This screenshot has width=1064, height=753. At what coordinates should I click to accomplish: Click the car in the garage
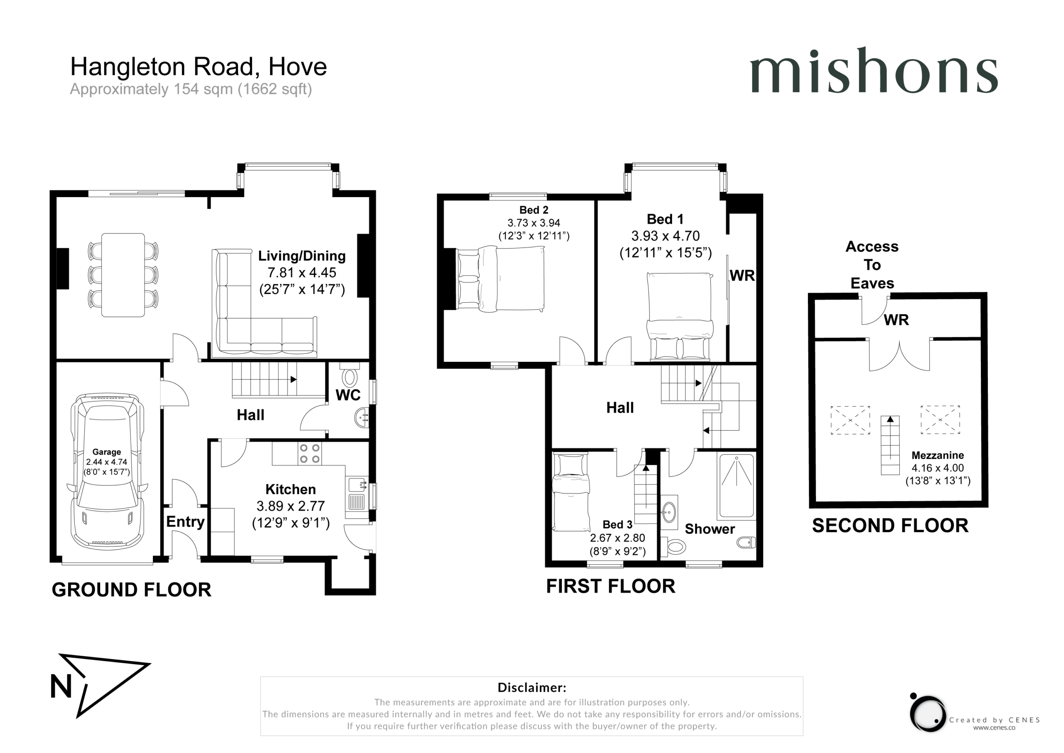click(107, 472)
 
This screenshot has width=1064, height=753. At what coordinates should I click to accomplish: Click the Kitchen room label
click(291, 489)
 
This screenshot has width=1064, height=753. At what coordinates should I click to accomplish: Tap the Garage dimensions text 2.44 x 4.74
click(106, 462)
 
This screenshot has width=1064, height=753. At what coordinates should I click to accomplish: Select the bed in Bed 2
click(500, 278)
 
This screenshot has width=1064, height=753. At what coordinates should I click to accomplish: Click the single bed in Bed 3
click(571, 492)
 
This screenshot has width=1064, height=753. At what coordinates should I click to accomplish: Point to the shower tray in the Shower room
click(736, 486)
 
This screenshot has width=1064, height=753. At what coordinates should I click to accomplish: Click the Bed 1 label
click(665, 219)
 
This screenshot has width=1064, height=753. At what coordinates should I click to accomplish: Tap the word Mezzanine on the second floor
click(938, 455)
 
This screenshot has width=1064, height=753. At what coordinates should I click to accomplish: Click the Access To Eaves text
click(872, 265)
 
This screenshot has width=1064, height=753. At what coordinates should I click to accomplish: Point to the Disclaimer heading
click(532, 687)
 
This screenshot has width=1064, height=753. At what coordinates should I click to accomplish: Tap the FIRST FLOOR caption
click(610, 587)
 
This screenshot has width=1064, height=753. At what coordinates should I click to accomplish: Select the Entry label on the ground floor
click(185, 522)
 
